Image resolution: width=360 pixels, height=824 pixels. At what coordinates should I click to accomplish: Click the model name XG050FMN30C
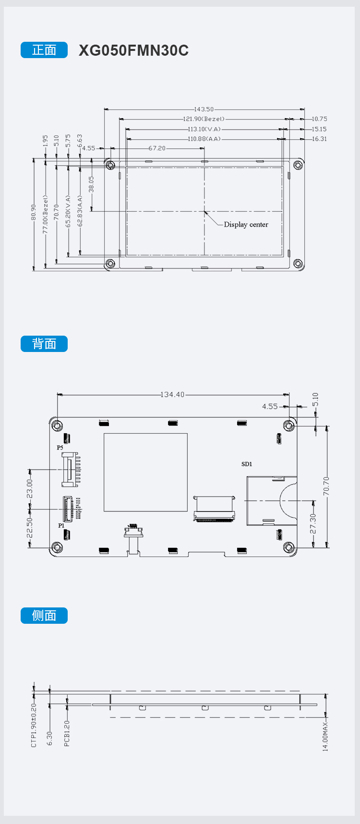[x=133, y=50]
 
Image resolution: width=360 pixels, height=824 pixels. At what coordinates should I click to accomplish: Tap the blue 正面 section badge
[x=44, y=50]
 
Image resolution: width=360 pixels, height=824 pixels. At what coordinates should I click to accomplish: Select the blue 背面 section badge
[x=44, y=344]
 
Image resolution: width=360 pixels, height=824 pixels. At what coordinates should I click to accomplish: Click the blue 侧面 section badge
[x=44, y=616]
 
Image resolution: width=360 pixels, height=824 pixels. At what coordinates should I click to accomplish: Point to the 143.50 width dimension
[x=204, y=109]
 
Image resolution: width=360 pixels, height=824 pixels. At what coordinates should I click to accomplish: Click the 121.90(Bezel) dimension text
[x=204, y=119]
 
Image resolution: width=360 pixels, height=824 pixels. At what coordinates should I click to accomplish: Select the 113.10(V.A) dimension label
[x=204, y=129]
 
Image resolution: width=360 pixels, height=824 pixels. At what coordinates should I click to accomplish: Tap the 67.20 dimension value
[x=157, y=148]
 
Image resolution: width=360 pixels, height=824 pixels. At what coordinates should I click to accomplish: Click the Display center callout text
[x=246, y=225]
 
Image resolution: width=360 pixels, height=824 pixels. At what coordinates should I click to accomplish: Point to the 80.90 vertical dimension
[x=34, y=212]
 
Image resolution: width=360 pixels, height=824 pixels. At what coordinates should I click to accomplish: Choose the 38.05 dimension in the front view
[x=91, y=184]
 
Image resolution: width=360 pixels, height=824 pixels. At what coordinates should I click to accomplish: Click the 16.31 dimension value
[x=319, y=139]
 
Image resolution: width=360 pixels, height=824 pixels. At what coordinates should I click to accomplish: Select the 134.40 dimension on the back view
[x=172, y=395]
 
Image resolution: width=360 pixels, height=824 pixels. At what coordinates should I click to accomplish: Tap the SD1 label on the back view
[x=247, y=464]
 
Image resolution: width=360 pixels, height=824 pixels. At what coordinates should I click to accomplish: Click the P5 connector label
[x=60, y=448]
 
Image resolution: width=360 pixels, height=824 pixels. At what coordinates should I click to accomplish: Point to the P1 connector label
[x=61, y=526]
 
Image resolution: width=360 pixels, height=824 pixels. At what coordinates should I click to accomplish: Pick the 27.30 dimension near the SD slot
[x=313, y=523]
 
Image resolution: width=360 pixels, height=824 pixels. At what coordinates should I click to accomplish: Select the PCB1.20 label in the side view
[x=67, y=733]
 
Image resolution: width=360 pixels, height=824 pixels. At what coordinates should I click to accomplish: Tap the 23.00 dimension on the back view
[x=30, y=489]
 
